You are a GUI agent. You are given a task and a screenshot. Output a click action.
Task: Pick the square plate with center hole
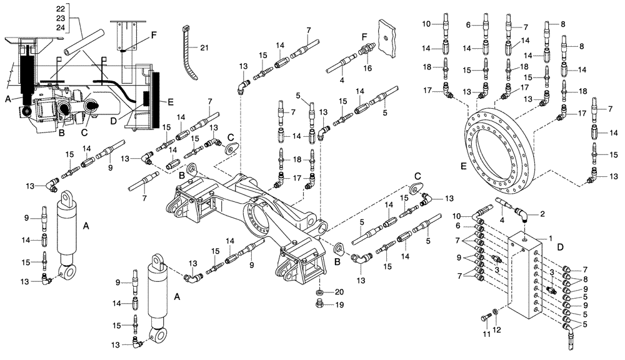click(388, 38)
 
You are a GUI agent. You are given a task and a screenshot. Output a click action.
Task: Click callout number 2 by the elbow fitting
click(542, 214)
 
